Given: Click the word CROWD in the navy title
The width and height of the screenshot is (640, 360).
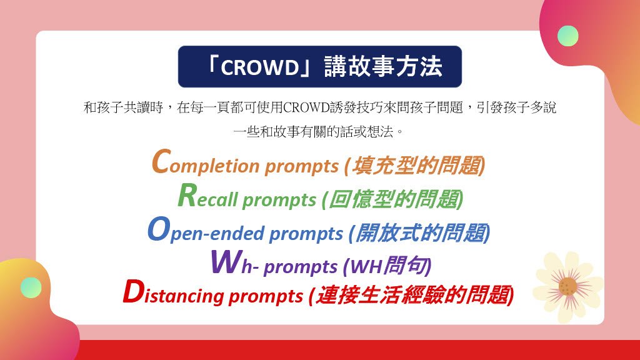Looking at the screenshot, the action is [261, 67].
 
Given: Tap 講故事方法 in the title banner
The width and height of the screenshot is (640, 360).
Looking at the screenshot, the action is [383, 66].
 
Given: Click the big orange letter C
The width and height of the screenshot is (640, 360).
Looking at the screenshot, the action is [161, 162].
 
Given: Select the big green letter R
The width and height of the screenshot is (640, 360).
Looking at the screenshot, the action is [187, 195].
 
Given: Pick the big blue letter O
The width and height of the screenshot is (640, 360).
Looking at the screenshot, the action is [158, 229].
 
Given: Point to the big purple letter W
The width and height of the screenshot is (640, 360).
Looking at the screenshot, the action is [226, 262].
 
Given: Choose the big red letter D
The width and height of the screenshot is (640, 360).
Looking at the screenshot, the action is [133, 292].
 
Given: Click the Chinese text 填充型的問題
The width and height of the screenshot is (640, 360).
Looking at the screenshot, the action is [416, 166].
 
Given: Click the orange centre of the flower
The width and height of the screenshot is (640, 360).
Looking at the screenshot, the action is [567, 286].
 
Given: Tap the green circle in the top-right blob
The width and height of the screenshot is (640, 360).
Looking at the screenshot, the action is [567, 36].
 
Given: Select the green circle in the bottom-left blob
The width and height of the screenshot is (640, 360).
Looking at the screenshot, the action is [31, 287].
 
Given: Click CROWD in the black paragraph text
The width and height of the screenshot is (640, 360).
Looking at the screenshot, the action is [306, 107].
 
